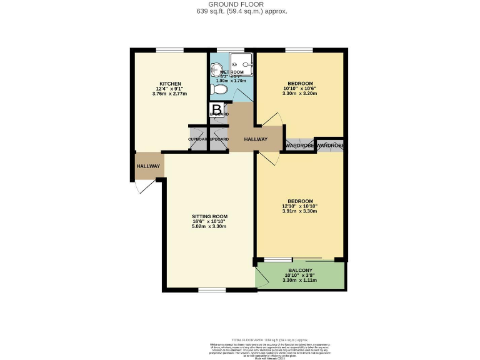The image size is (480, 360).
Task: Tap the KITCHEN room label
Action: click(170, 84)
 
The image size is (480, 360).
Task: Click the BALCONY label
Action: click(300, 270)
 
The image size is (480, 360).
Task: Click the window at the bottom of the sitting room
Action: click(212, 289)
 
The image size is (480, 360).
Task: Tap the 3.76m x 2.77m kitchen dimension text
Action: click(169, 94)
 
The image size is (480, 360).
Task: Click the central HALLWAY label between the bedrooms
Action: click(256, 139)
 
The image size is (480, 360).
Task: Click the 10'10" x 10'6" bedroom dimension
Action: click(300, 89)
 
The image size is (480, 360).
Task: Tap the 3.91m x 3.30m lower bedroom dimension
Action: click(300, 211)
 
